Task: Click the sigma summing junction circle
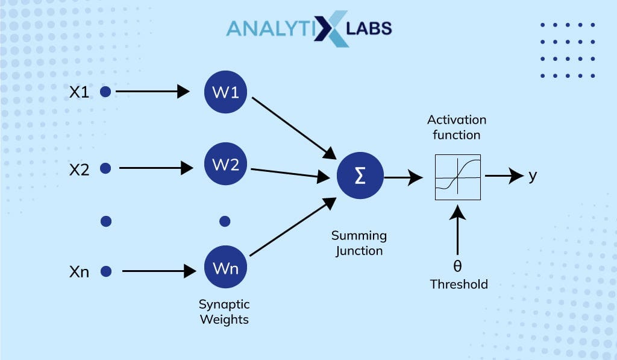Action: click(360, 177)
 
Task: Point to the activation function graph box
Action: click(458, 177)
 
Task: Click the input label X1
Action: click(80, 92)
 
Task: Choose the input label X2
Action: click(80, 170)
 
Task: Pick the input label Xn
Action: click(80, 272)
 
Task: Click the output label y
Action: click(532, 175)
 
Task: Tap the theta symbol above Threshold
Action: click(457, 267)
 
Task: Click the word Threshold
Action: click(459, 283)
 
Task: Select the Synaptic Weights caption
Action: click(224, 312)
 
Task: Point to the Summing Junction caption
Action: click(360, 242)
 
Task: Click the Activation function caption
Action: click(456, 127)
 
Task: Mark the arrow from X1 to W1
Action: click(152, 92)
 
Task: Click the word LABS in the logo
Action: click(369, 28)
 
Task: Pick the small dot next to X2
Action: click(105, 169)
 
